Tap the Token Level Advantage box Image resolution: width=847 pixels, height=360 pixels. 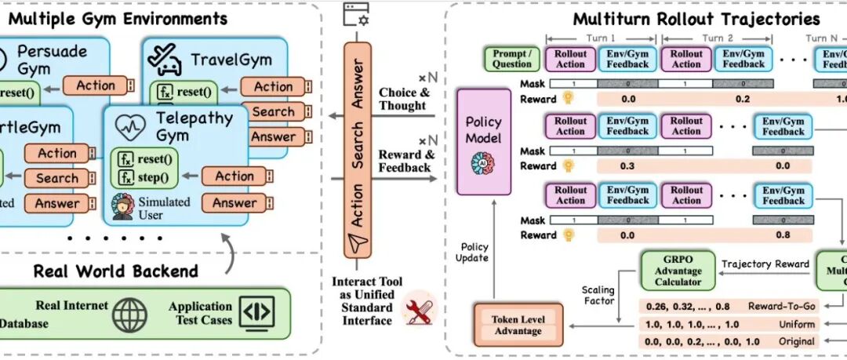[518, 325]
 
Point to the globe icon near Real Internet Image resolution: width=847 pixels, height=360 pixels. [129, 314]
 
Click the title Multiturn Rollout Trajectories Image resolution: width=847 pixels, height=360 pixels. [696, 18]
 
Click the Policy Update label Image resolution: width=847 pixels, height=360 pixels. [473, 252]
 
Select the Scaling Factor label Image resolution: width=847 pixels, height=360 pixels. [598, 295]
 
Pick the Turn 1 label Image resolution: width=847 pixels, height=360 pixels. [602, 37]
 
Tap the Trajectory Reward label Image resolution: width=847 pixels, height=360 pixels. [765, 264]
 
